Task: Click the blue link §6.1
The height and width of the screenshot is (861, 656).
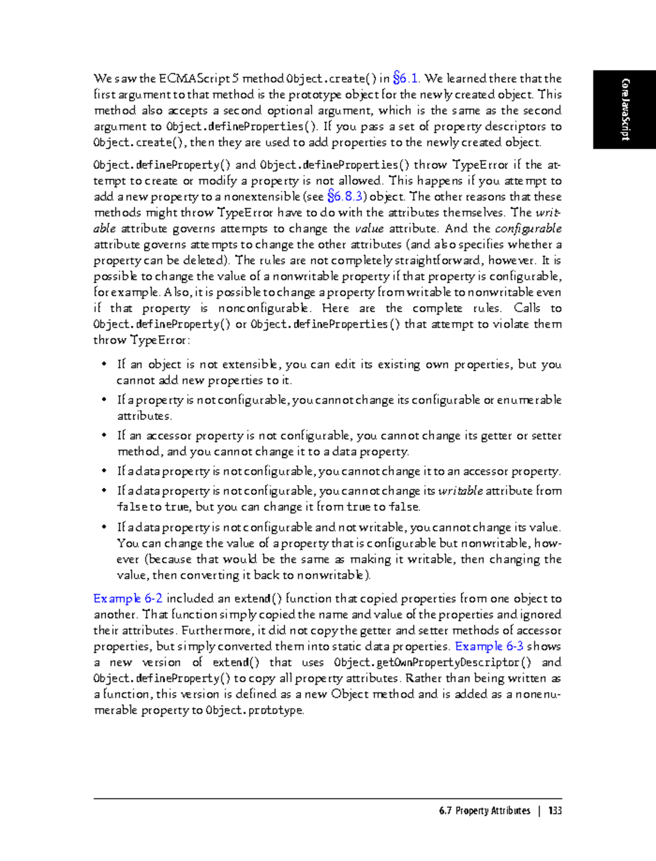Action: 406,78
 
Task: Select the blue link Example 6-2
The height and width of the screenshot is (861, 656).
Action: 127,598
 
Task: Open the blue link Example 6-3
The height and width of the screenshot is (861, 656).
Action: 489,646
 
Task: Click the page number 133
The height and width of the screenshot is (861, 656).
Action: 555,811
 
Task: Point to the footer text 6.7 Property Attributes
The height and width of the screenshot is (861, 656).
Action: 484,811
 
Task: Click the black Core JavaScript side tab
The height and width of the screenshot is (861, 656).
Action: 625,109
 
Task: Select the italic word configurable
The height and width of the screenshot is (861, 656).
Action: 528,229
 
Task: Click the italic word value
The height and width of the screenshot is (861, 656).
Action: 370,229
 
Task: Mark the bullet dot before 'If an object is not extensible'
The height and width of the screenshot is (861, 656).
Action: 103,365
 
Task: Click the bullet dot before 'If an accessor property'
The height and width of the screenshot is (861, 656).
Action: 103,436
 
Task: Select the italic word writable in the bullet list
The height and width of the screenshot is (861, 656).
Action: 460,491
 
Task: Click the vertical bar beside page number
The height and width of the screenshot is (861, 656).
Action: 540,811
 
